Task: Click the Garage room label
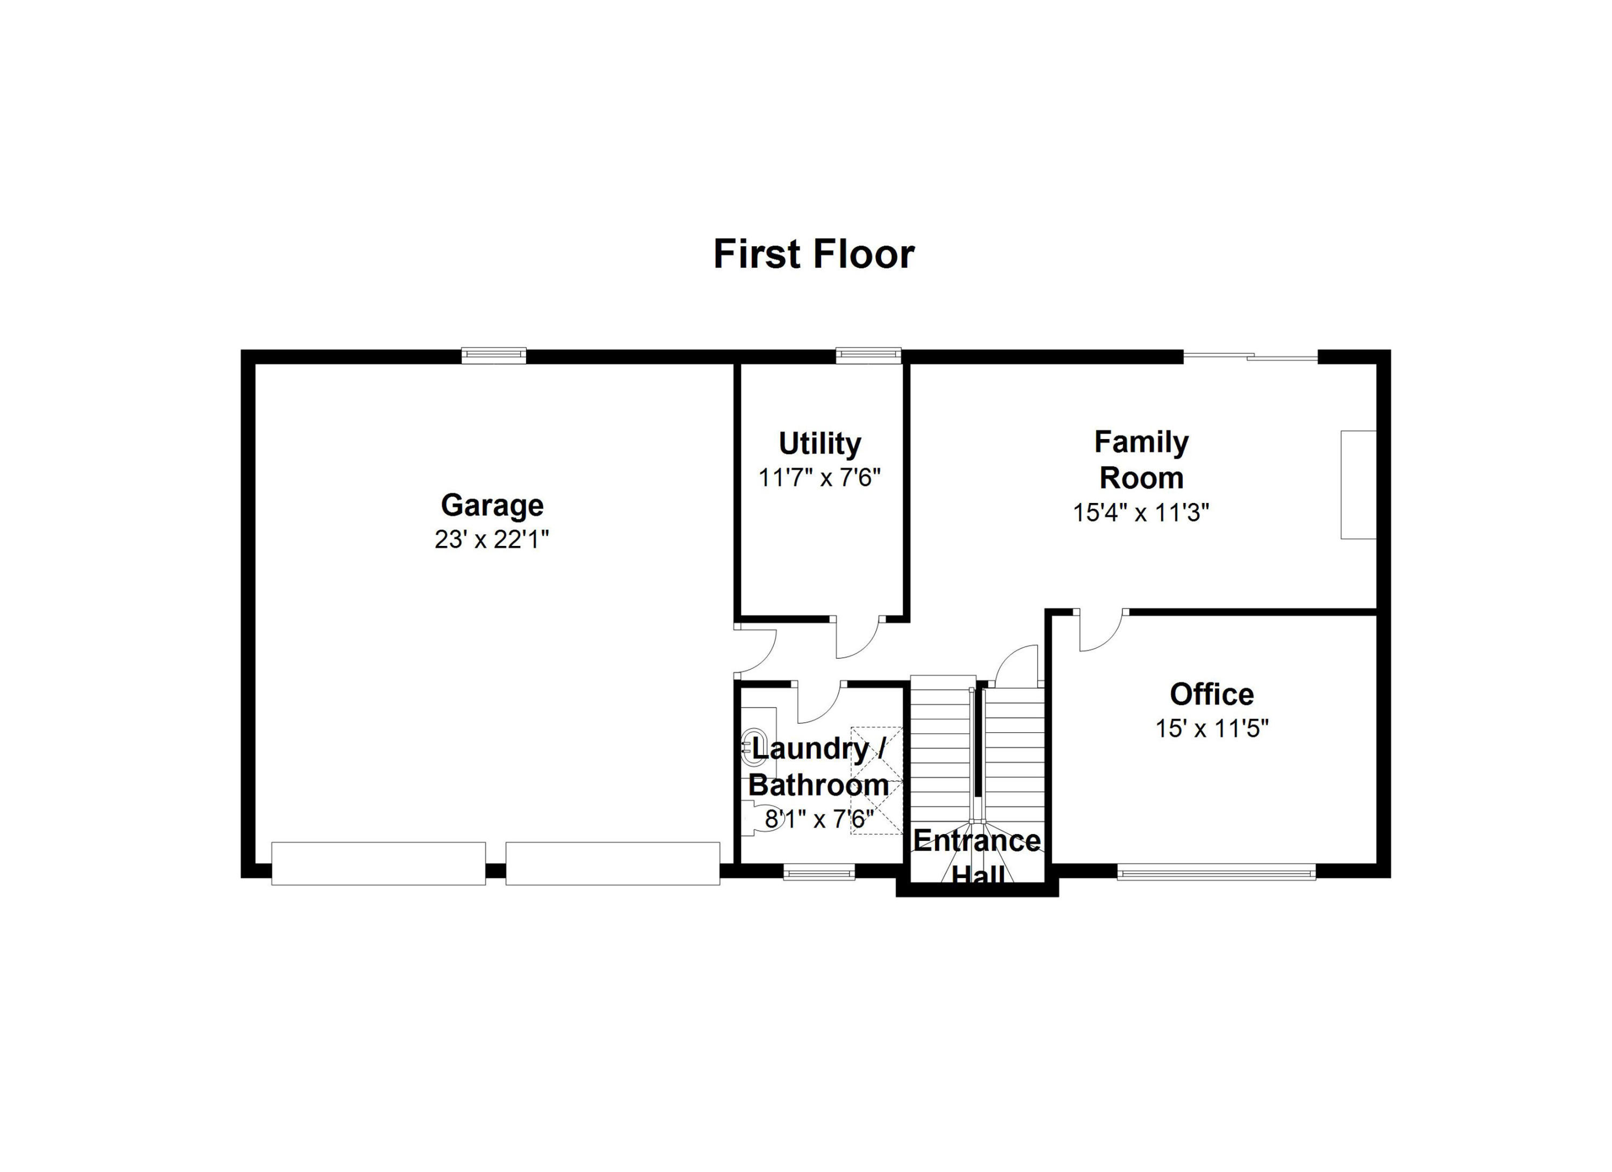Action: (x=492, y=505)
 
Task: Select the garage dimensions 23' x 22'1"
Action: (x=492, y=540)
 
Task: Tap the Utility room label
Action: (x=819, y=443)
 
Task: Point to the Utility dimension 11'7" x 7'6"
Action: (x=819, y=478)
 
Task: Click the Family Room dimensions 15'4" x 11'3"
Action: (x=1141, y=513)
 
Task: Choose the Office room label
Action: (x=1212, y=694)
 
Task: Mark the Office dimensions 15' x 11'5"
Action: (x=1212, y=729)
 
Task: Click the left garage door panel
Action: (x=378, y=864)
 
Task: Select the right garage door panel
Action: (x=613, y=864)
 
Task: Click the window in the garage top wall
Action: (x=493, y=355)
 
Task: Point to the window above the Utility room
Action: (x=868, y=355)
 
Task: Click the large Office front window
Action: (x=1216, y=872)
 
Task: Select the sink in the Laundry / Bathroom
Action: (x=751, y=746)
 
